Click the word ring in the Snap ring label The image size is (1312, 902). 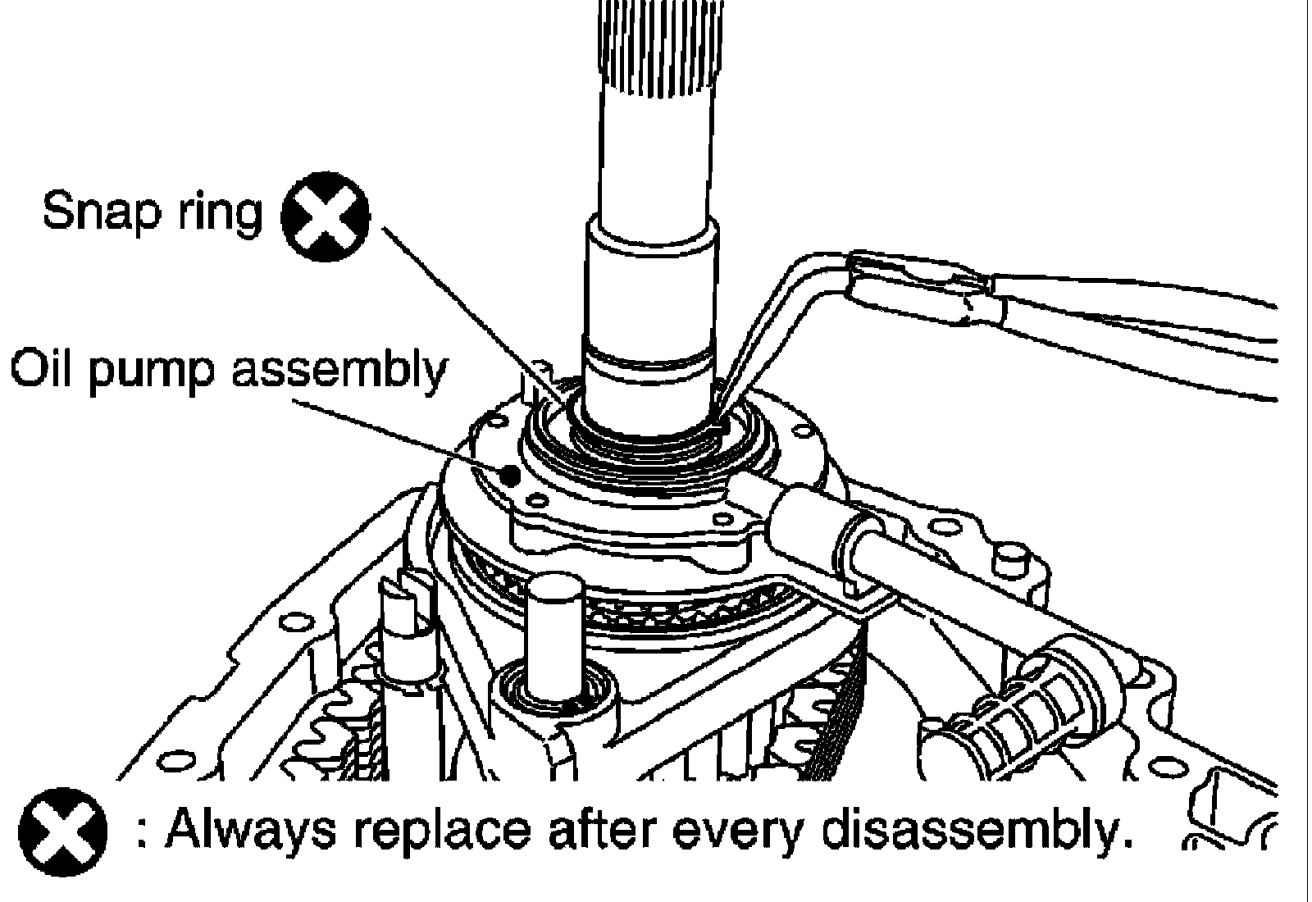tap(218, 213)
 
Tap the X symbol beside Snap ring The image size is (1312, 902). tap(326, 218)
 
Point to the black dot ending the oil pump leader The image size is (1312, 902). tap(510, 474)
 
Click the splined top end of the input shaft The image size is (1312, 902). tap(662, 41)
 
